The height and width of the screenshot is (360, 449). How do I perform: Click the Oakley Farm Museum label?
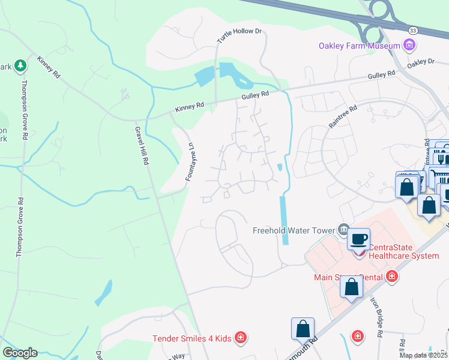[359, 46]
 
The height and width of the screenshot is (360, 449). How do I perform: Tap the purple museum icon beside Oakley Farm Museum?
[409, 45]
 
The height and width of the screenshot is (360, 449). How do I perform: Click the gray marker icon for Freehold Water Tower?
[343, 229]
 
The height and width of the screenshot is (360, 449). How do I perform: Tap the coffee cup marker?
[359, 239]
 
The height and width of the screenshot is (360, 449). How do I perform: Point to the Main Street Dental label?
[349, 277]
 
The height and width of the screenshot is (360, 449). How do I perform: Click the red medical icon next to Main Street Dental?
[392, 277]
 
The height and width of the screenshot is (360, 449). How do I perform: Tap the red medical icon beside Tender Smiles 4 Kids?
[241, 338]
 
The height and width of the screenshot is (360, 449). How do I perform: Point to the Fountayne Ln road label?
[191, 162]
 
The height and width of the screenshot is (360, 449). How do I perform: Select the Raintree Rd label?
[343, 116]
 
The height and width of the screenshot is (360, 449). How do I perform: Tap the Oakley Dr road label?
[420, 62]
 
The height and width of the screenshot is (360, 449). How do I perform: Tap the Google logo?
[20, 353]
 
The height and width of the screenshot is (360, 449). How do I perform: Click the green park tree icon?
[20, 64]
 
